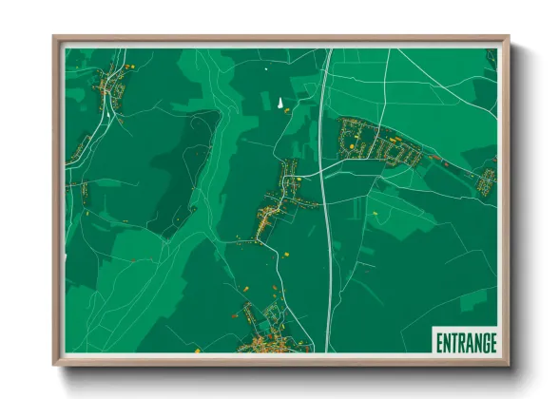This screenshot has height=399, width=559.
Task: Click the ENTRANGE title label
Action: [x=466, y=342]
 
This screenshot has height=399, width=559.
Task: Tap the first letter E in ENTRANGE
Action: [x=439, y=342]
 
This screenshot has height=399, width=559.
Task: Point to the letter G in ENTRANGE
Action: [x=483, y=342]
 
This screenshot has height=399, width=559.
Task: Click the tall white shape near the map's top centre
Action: [x=280, y=104]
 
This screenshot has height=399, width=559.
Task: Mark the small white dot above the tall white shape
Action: [x=266, y=68]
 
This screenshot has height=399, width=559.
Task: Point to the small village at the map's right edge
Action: [x=486, y=178]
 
